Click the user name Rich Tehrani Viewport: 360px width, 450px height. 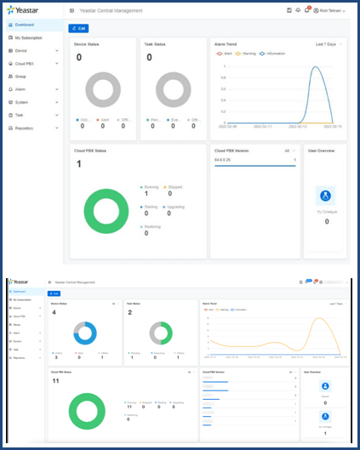coord(329,10)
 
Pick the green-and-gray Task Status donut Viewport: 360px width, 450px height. coord(161,333)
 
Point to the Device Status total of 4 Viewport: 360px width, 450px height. coord(54,312)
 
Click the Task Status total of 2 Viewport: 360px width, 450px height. coord(129,312)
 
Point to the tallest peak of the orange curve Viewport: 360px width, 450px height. coord(319,320)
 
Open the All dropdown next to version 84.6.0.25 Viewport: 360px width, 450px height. coord(289,150)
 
